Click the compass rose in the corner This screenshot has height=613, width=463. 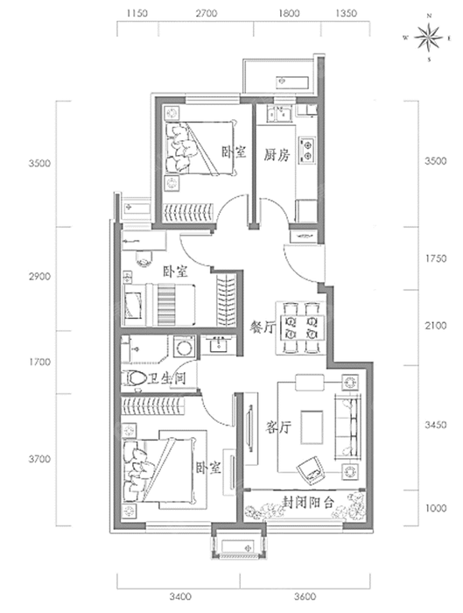[429, 38]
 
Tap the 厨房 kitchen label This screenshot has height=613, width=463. [277, 155]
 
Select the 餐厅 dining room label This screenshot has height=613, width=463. [263, 327]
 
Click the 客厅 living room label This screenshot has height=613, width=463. [277, 426]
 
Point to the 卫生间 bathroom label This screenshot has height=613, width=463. [167, 378]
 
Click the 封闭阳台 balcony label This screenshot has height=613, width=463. [308, 503]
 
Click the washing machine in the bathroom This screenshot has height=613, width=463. [183, 346]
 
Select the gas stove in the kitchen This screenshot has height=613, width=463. [307, 151]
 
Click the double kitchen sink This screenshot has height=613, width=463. [278, 114]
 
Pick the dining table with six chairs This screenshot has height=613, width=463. [301, 328]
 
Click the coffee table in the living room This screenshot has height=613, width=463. [312, 427]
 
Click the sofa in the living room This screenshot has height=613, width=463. [347, 427]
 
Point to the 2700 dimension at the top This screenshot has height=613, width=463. [207, 14]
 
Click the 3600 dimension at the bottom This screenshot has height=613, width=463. [305, 597]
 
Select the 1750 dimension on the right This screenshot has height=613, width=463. [436, 258]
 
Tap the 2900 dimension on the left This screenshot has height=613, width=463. [39, 277]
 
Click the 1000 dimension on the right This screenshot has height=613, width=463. [436, 508]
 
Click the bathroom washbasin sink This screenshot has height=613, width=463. [218, 345]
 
